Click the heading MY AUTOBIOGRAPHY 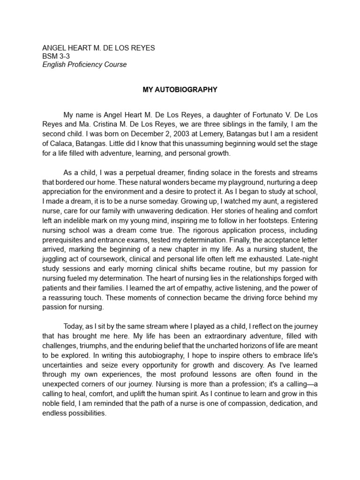(180, 89)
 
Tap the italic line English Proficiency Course (84, 65)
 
